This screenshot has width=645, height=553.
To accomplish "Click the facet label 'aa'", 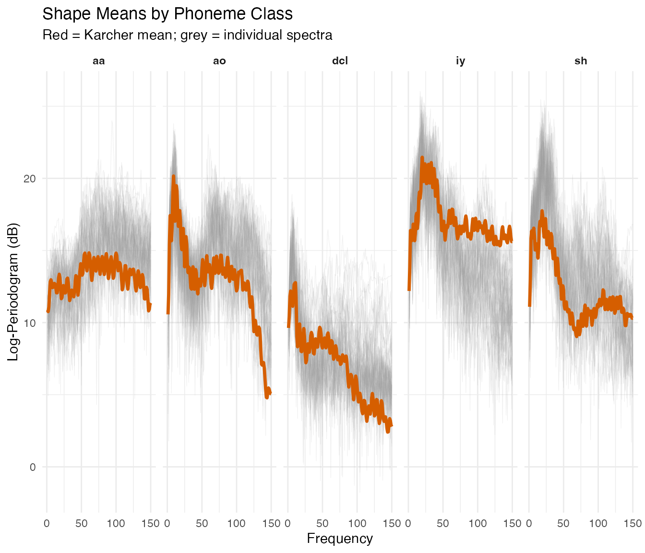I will tap(99, 61).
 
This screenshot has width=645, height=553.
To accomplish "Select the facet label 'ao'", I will tap(219, 61).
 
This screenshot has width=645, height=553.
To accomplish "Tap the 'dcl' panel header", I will tap(340, 61).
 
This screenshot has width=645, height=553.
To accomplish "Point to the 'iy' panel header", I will tap(460, 61).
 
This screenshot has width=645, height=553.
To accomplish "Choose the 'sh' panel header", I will tap(581, 61).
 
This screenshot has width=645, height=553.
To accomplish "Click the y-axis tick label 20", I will tap(30, 179).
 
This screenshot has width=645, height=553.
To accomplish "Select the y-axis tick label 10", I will tap(30, 323).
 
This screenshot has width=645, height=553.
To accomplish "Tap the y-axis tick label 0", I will tap(33, 467).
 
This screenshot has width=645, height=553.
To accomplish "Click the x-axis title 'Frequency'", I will tap(340, 539).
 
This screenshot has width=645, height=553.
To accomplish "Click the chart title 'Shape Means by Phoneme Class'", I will tap(167, 14).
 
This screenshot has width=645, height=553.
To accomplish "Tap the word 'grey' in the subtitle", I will tap(193, 35).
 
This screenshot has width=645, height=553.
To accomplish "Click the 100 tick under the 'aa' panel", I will tap(116, 523).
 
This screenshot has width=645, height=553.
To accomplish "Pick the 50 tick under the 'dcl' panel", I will tap(322, 523).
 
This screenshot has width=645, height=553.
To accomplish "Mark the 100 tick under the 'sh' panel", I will tap(598, 523).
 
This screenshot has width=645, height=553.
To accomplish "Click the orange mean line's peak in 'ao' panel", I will tap(173, 177).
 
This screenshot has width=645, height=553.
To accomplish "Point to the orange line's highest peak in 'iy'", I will tap(422, 157).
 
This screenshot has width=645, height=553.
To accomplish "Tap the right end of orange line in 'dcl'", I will tap(392, 425).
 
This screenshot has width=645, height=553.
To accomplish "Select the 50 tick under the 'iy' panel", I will tap(443, 523).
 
